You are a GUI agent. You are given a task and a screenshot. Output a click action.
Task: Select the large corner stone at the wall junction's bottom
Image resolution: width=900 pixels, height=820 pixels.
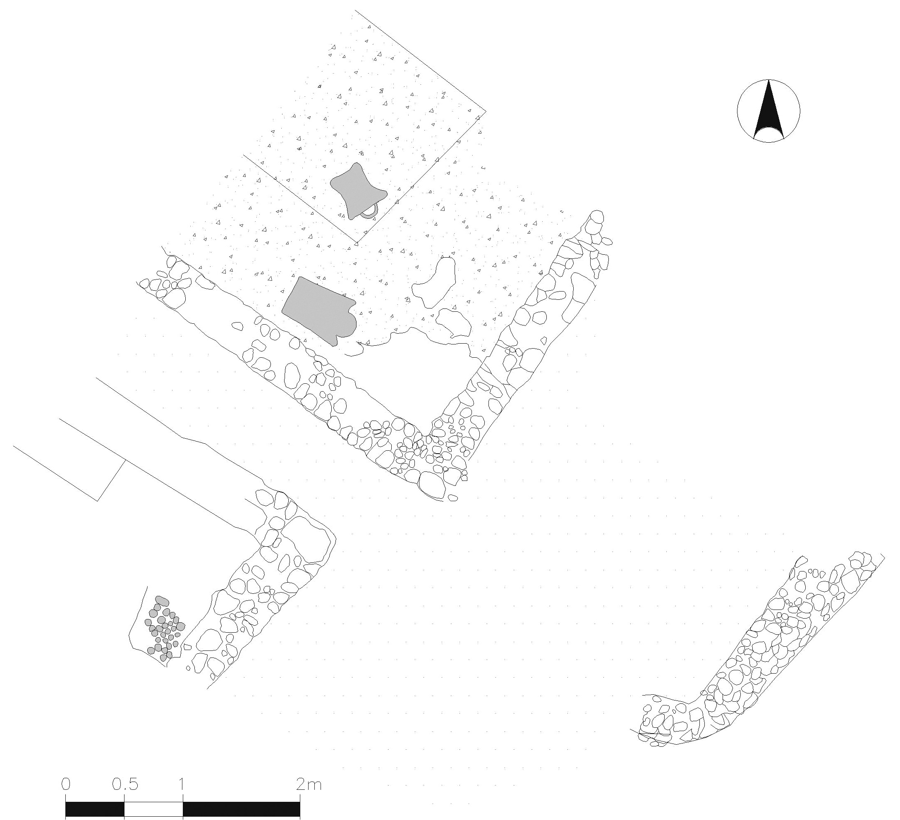tap(432, 485)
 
